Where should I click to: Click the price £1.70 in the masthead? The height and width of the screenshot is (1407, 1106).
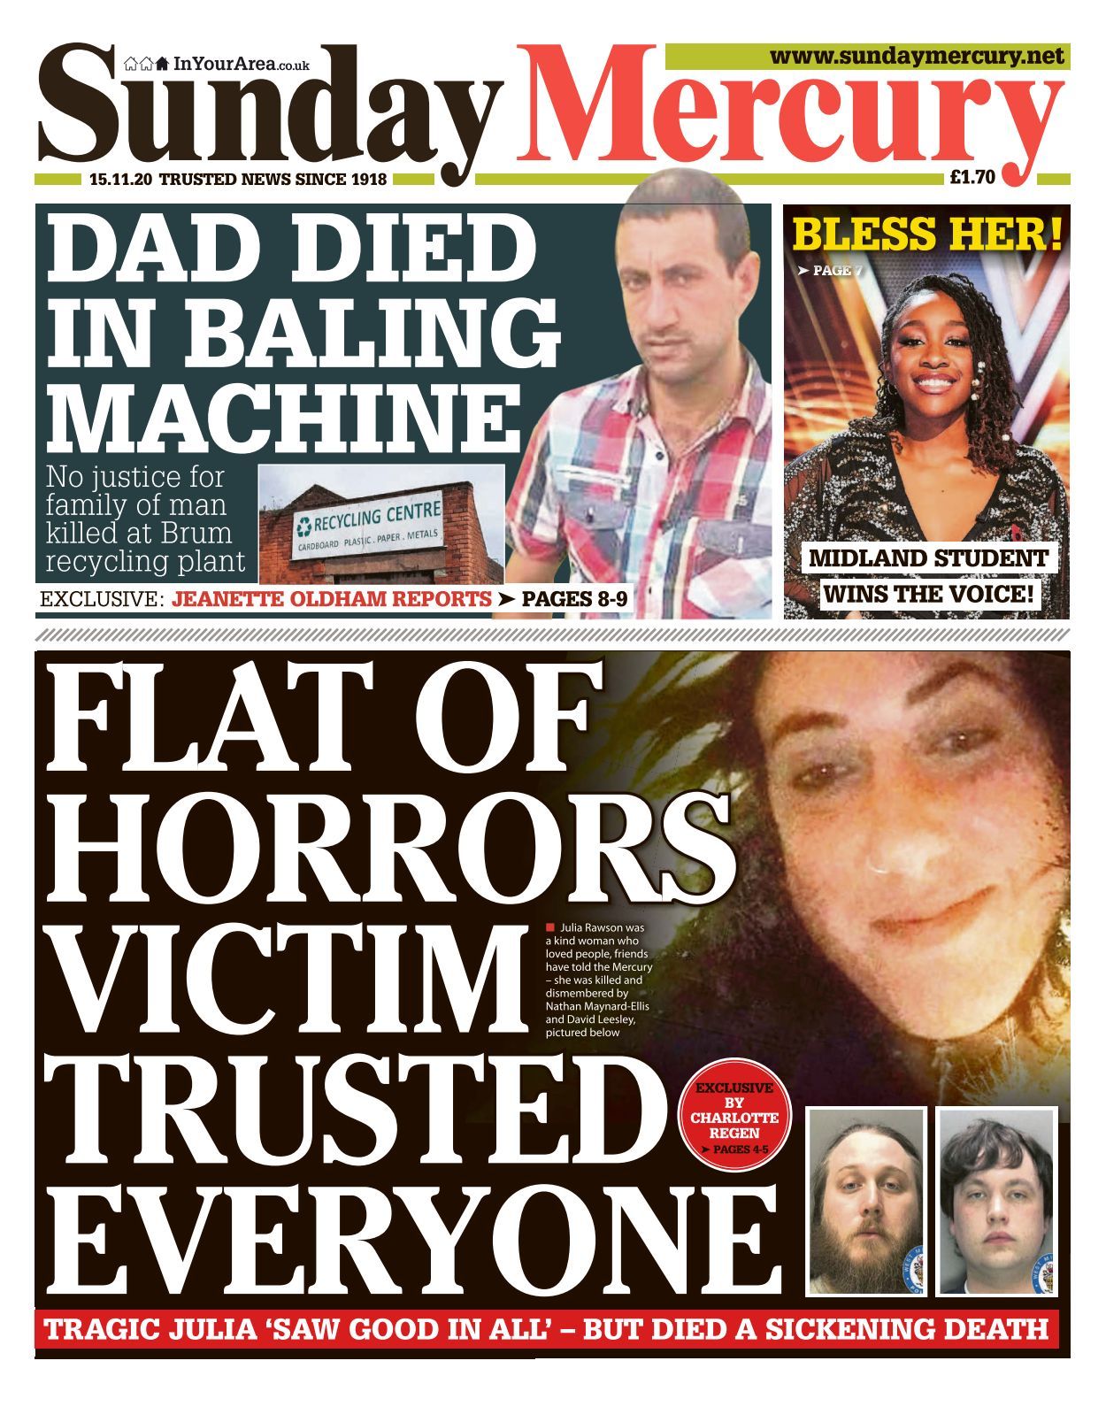972,177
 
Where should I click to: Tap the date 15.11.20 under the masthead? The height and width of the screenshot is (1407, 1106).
121,179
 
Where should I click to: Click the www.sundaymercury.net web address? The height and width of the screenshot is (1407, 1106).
916,57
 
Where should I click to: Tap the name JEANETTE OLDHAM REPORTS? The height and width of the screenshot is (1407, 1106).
332,599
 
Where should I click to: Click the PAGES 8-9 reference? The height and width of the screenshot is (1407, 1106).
574,599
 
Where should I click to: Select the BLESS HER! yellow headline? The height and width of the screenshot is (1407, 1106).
926,235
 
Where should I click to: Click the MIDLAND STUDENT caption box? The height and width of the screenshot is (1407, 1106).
928,558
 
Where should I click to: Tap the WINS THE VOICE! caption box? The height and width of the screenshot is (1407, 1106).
928,593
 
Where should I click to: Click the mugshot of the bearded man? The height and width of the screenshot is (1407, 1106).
866,1200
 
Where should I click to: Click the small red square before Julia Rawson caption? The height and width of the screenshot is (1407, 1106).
549,927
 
